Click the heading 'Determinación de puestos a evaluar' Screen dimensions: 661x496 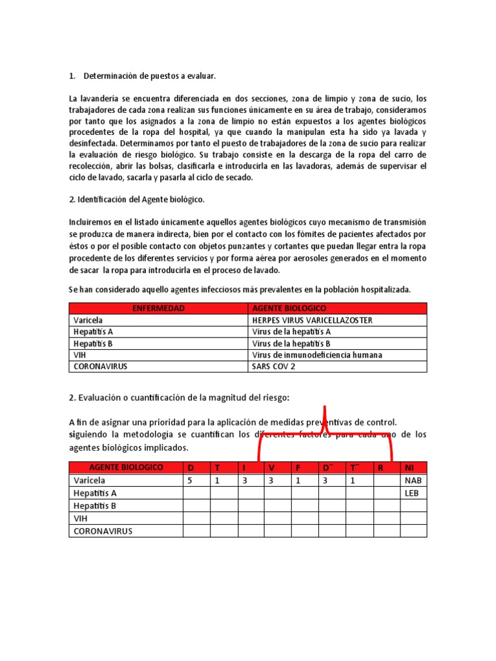[149, 77]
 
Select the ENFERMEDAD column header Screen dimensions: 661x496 [158, 309]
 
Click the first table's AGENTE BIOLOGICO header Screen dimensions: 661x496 [289, 309]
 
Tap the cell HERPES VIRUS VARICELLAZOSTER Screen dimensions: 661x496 [312, 320]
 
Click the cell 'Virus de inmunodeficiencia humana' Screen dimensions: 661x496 [316, 354]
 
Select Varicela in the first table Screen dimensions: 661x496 [88, 320]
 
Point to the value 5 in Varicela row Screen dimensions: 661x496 [190, 480]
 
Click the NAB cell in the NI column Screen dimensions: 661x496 [413, 480]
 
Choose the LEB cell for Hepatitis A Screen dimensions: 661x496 [411, 493]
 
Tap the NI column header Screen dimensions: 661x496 [409, 467]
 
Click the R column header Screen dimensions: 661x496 [381, 467]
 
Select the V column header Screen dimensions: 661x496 [272, 467]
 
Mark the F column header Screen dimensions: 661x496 [298, 467]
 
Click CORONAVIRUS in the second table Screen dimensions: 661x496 [103, 531]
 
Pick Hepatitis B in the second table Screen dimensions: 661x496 [94, 505]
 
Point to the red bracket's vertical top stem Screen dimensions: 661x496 [325, 417]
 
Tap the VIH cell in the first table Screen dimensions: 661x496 [80, 354]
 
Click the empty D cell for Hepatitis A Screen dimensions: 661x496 [196, 493]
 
